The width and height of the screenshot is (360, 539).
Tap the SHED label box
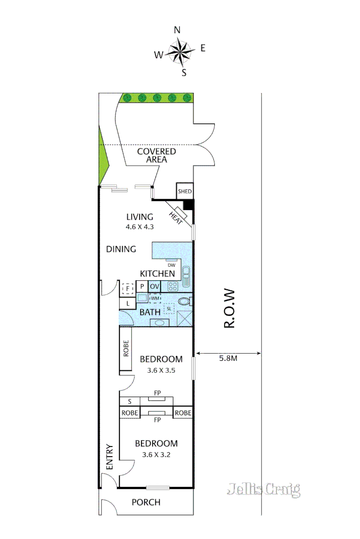[x=184, y=191]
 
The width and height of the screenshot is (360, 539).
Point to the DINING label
[x=121, y=249]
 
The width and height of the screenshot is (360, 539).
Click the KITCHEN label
[x=157, y=273]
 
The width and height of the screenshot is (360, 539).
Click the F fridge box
[x=127, y=288]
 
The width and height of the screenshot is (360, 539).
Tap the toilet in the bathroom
[x=185, y=302]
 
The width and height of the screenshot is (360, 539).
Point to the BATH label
[x=150, y=312]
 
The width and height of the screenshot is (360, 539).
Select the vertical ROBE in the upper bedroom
[x=126, y=349]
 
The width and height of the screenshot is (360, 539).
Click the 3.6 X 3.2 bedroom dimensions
[x=156, y=455]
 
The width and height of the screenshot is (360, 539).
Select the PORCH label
[x=146, y=502]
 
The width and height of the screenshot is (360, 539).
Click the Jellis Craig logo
[x=263, y=489]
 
